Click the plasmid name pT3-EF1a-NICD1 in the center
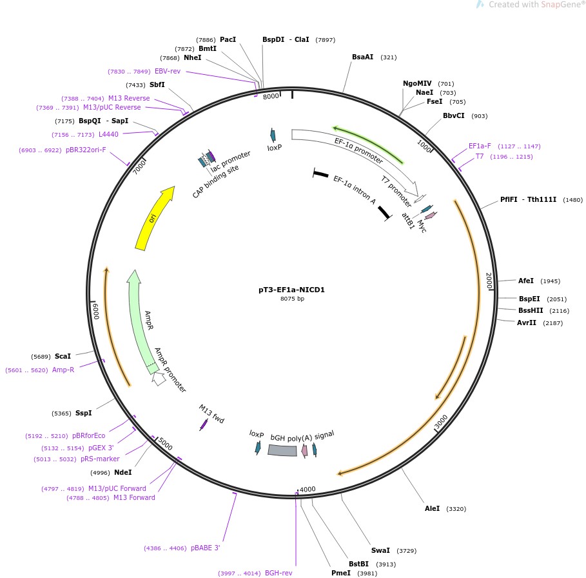(291, 290)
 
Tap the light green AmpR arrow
(143, 322)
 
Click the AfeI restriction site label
(526, 281)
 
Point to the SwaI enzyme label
(380, 550)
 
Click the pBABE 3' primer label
(206, 548)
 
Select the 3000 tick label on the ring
(442, 422)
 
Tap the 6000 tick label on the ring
(95, 311)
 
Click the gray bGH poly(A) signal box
(282, 450)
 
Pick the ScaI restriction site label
(63, 356)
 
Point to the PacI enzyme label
(228, 39)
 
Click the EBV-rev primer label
(168, 71)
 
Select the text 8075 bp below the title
(292, 299)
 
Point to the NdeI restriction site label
(122, 472)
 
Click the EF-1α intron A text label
(355, 190)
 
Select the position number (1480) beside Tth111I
(572, 200)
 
